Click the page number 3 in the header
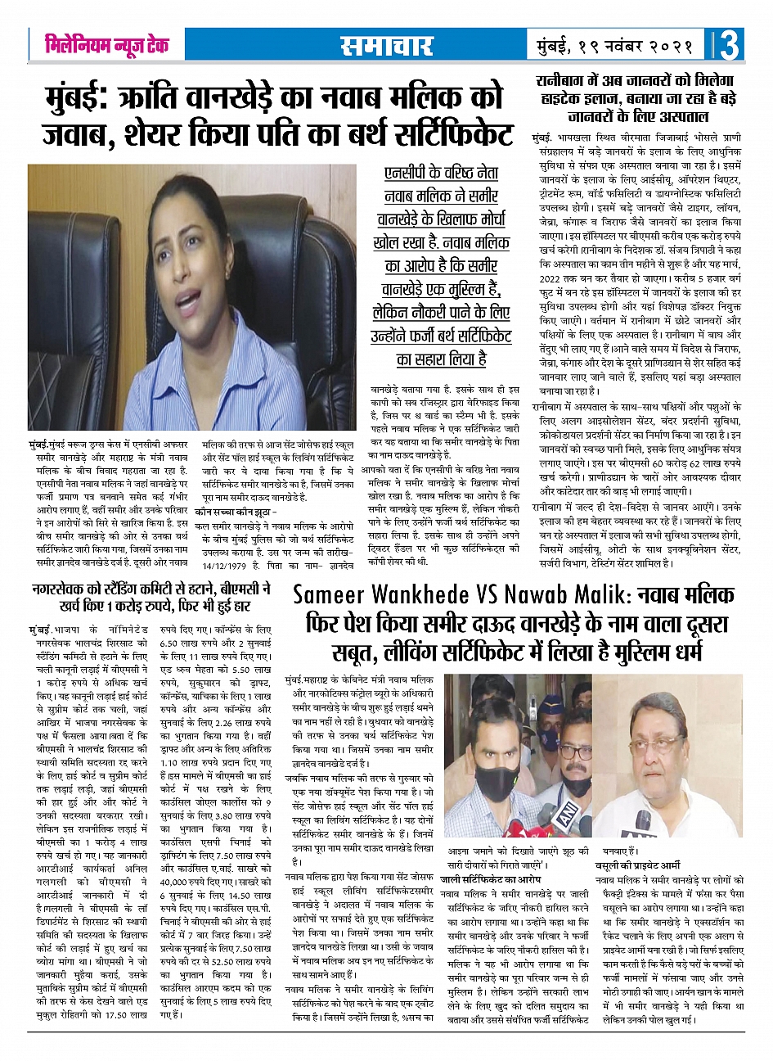729,46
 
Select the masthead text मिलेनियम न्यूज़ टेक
107,46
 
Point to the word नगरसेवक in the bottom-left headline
58,588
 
